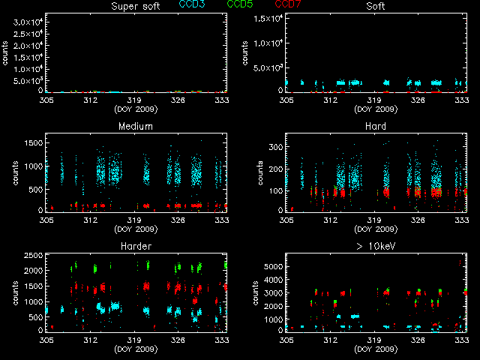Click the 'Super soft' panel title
click(135, 7)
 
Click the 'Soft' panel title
click(376, 7)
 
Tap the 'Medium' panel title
click(135, 127)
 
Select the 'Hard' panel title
click(376, 127)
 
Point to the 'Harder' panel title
click(135, 247)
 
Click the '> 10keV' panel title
click(376, 247)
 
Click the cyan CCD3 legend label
click(192, 4)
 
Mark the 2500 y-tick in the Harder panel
click(33, 257)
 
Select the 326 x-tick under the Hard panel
click(418, 221)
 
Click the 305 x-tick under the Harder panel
click(46, 341)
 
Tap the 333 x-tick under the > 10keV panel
click(463, 341)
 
